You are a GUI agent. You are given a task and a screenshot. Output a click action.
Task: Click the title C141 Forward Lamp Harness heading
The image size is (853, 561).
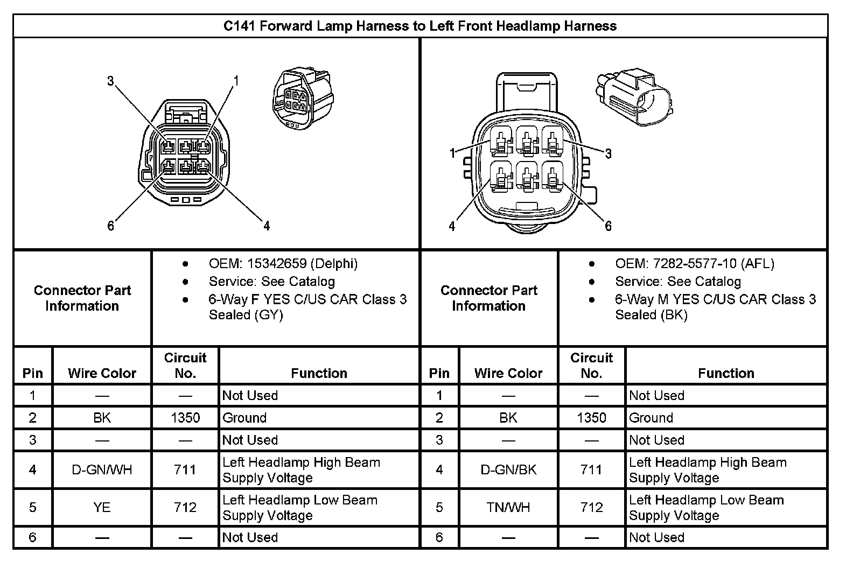pyautogui.click(x=420, y=26)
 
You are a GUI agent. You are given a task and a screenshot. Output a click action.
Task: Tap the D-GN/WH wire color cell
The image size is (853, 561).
pyautogui.click(x=102, y=470)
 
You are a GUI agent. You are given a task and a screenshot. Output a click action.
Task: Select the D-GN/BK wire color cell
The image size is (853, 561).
pyautogui.click(x=508, y=470)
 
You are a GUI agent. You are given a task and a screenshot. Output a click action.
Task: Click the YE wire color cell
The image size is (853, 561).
pyautogui.click(x=102, y=507)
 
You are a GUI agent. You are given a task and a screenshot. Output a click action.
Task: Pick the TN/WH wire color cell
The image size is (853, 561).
pyautogui.click(x=508, y=507)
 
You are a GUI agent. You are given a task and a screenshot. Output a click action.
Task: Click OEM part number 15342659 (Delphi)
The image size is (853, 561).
pyautogui.click(x=283, y=264)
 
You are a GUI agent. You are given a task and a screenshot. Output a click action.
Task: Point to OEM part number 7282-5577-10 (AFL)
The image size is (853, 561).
pyautogui.click(x=694, y=264)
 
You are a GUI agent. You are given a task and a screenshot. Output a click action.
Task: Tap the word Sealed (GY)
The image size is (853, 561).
pyautogui.click(x=246, y=315)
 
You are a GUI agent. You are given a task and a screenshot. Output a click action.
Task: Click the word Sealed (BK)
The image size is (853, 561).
pyautogui.click(x=651, y=315)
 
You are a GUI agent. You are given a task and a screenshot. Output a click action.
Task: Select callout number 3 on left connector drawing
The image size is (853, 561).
pyautogui.click(x=110, y=81)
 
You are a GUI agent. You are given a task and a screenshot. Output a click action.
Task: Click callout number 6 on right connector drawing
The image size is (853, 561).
pyautogui.click(x=608, y=226)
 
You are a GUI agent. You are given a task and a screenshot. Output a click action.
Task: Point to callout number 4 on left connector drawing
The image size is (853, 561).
pyautogui.click(x=267, y=226)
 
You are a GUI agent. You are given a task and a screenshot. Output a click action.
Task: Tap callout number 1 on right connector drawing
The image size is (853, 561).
pyautogui.click(x=453, y=153)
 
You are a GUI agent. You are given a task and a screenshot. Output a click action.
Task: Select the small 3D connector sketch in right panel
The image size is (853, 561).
pyautogui.click(x=634, y=97)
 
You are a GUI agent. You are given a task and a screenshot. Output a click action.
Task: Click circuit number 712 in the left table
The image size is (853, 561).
pyautogui.click(x=185, y=507)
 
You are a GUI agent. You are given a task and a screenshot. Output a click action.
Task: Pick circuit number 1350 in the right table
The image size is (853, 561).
pyautogui.click(x=591, y=418)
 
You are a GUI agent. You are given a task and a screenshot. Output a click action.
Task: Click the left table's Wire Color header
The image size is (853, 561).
pyautogui.click(x=102, y=373)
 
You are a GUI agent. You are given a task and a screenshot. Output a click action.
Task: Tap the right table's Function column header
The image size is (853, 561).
pyautogui.click(x=725, y=373)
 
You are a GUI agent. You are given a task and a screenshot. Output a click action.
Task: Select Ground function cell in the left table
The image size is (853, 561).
pyautogui.click(x=244, y=418)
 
